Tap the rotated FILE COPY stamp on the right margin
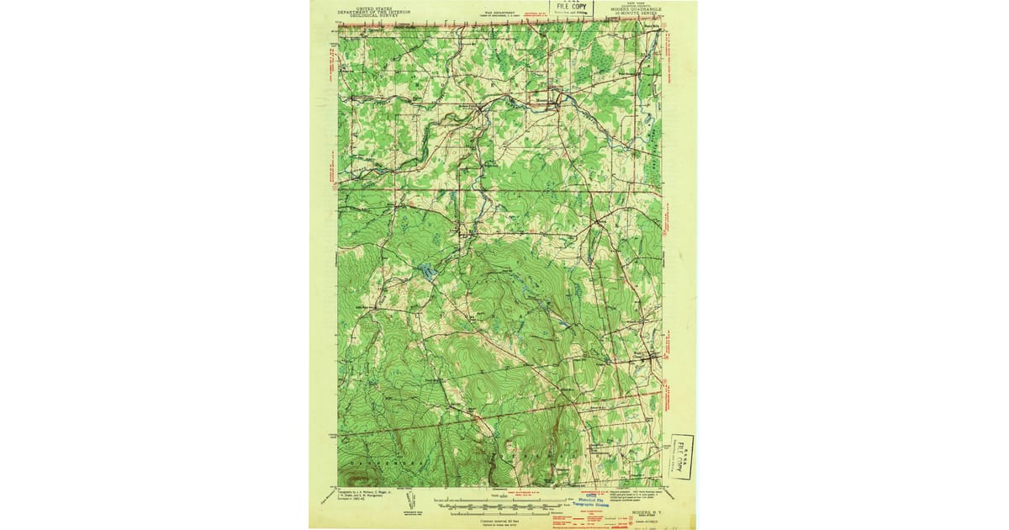tap(682, 456)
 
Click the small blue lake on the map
tap(427, 272)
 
